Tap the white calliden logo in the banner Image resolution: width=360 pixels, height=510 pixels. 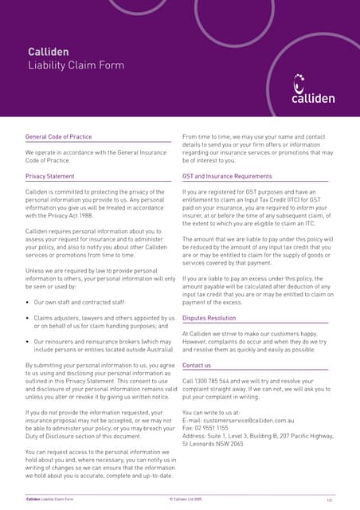click(x=312, y=90)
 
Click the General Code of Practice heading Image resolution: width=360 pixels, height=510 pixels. click(x=58, y=137)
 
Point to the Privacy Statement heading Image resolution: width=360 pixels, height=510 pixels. click(x=49, y=176)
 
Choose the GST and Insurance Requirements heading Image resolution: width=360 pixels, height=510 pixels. click(x=227, y=176)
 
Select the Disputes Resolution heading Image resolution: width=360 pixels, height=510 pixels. click(x=209, y=317)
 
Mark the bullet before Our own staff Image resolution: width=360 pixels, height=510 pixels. click(x=28, y=303)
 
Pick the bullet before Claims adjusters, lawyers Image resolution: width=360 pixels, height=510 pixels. click(x=28, y=318)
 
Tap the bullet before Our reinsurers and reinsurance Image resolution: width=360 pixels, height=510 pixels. click(x=28, y=341)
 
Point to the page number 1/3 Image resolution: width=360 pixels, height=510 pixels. click(x=329, y=500)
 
